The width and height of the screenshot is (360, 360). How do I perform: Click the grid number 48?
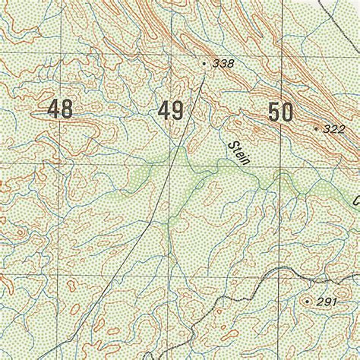point(60,109)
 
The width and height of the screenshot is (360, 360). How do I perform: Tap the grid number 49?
point(170,112)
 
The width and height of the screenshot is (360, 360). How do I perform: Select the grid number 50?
point(280,113)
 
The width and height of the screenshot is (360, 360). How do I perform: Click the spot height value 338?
point(223,64)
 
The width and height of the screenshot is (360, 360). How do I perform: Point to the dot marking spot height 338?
point(205,64)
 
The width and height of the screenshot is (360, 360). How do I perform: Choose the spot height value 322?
point(333,129)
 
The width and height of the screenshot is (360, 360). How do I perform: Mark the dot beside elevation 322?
point(316,128)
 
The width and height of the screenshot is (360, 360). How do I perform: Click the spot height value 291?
point(327,302)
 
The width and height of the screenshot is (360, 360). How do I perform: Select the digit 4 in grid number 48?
point(53,109)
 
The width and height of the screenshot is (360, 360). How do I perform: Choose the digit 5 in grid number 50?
point(273,113)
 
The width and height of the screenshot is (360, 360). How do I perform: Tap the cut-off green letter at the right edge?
point(355,201)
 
